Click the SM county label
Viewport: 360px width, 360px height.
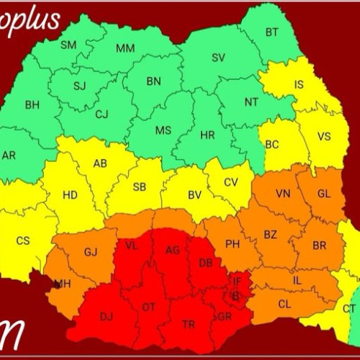tap(68, 45)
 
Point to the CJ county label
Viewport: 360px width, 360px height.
tap(102, 113)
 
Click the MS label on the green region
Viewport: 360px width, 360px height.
tap(163, 130)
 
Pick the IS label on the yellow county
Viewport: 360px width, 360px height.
tap(299, 85)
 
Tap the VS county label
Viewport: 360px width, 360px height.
tap(324, 136)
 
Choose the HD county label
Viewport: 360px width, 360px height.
tap(70, 194)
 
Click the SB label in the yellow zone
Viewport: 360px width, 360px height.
tap(140, 187)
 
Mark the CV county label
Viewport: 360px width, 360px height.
tap(230, 183)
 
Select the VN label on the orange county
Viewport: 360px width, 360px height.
tap(282, 194)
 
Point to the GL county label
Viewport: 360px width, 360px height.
tap(324, 194)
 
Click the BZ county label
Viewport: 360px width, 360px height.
tap(270, 235)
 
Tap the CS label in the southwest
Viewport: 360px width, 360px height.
tap(23, 240)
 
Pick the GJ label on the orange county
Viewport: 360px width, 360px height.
tap(91, 252)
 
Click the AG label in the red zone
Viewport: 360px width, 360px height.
tap(173, 250)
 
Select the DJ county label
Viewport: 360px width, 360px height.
tap(107, 316)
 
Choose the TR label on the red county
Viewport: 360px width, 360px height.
tap(189, 325)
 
